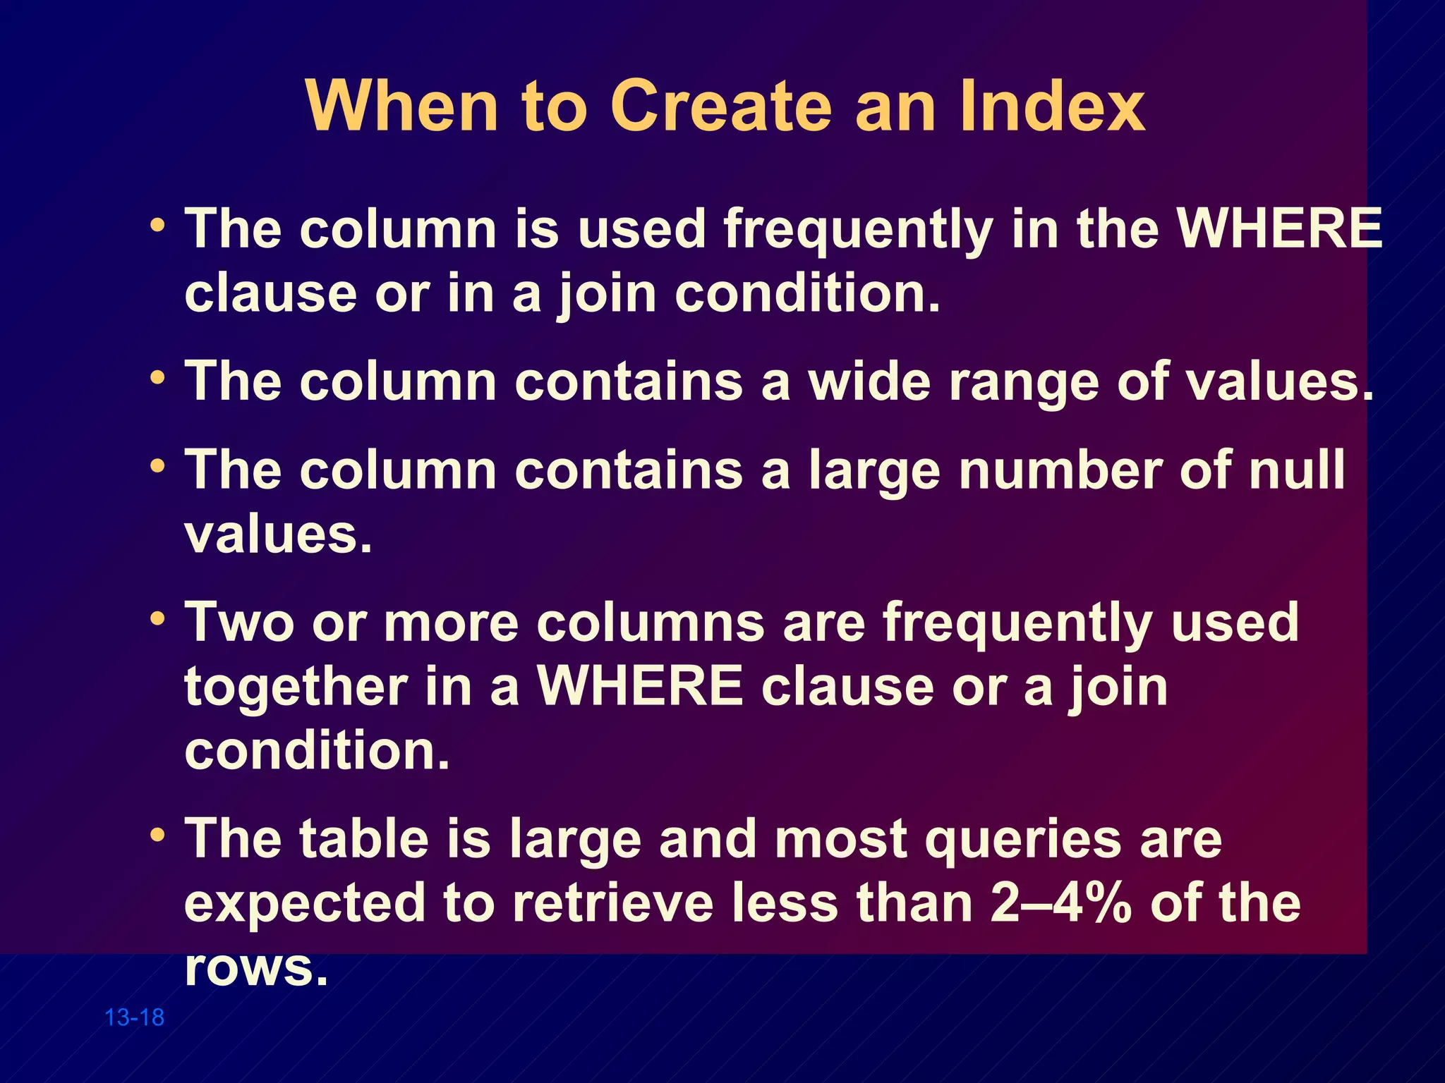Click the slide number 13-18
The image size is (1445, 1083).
(x=134, y=1017)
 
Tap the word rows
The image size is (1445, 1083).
(x=255, y=968)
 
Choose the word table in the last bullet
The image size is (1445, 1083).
(x=363, y=838)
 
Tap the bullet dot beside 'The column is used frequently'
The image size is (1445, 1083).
(x=158, y=226)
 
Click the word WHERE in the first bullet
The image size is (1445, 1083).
(x=1280, y=228)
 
